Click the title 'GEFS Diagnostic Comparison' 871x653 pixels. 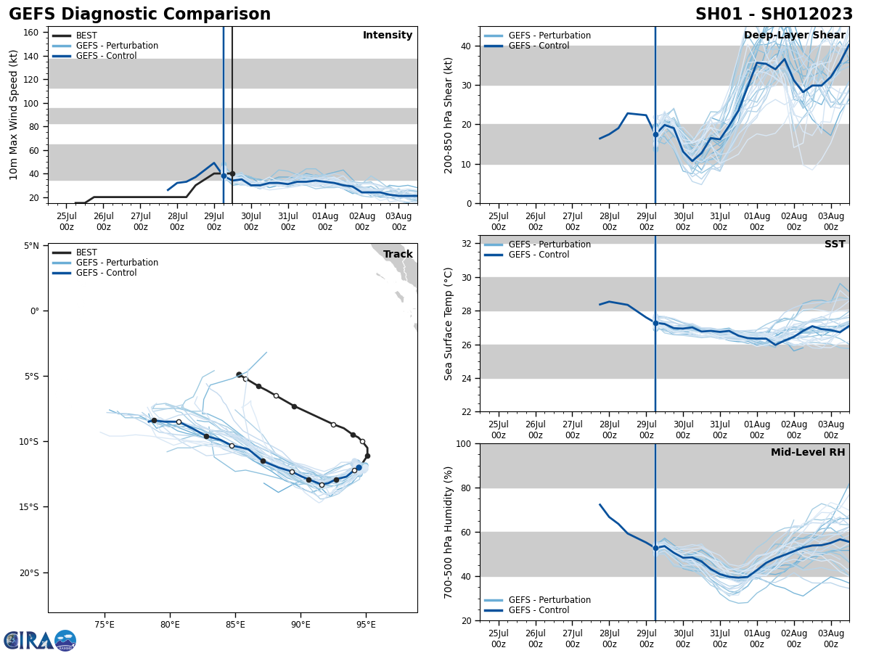coord(139,15)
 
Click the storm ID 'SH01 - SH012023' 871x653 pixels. coord(774,15)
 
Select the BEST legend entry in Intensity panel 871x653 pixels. coord(86,36)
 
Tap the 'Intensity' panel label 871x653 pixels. coord(388,36)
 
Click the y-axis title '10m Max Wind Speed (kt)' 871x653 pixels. coord(14,115)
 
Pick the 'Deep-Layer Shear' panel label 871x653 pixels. coord(794,36)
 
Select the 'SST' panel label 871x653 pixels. coord(835,245)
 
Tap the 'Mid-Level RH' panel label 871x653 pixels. coord(808,453)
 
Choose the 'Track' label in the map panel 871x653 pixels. coord(398,254)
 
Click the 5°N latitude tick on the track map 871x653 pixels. coord(32,246)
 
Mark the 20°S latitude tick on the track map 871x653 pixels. coord(29,573)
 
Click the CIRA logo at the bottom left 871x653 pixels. coord(39,640)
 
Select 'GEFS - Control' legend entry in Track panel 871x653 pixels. coord(106,273)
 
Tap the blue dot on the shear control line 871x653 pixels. coord(655,134)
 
